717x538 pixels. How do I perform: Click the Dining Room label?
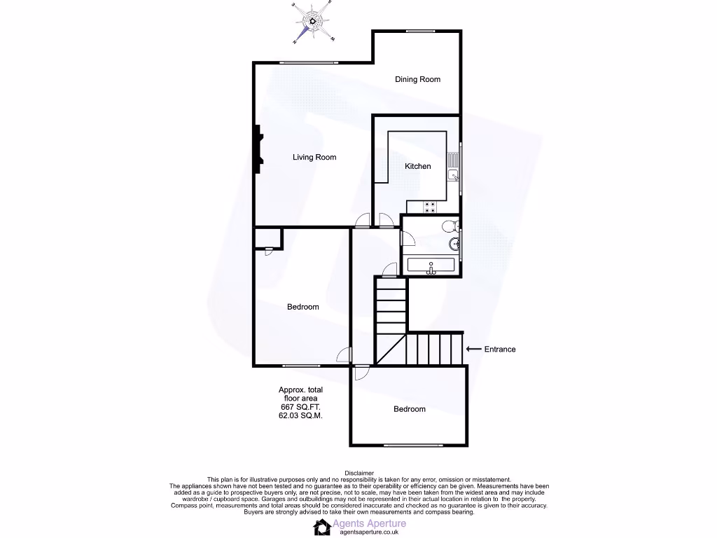pos(417,79)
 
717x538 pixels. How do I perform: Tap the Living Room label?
pos(314,158)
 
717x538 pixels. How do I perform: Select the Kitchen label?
pos(418,166)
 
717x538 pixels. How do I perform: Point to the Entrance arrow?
pos(473,349)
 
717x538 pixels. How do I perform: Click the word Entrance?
pos(500,349)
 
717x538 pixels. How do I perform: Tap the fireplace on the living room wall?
pos(258,149)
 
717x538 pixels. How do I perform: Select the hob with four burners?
pos(430,206)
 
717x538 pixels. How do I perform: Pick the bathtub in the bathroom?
pos(431,266)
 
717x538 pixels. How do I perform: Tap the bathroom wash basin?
pos(454,244)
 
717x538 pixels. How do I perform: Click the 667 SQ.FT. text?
pos(300,406)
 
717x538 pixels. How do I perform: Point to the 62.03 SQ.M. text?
pos(300,415)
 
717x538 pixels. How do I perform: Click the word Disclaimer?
pos(358,473)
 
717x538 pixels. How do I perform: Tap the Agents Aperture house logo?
pos(321,527)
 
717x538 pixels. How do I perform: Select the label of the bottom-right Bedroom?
pos(409,409)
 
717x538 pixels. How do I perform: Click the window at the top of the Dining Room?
pos(419,31)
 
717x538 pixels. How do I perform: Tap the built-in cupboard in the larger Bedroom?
pos(266,238)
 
